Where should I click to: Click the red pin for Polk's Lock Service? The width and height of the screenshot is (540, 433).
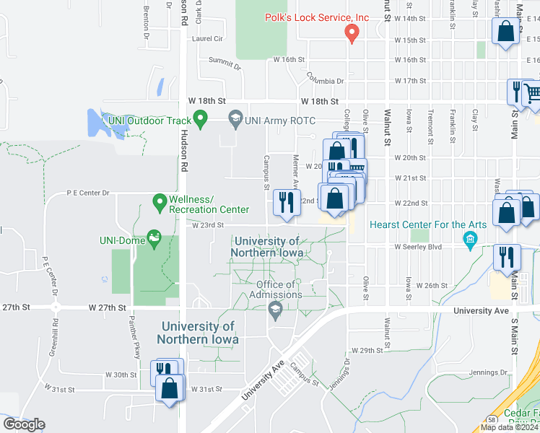pos(352,33)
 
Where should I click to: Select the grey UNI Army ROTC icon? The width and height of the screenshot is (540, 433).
pos(235,118)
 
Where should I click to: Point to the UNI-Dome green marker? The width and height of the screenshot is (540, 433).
pos(153,237)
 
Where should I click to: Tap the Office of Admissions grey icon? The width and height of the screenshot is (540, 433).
pos(275,310)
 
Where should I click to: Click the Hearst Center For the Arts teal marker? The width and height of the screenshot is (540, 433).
pos(470,239)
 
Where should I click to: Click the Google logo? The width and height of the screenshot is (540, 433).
pos(24,424)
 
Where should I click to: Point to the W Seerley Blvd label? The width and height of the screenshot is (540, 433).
pos(419,247)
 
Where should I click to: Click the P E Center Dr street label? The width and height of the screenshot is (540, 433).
pos(87,193)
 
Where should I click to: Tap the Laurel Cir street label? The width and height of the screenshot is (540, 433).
pos(207,39)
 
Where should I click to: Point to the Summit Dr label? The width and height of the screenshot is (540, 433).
pos(225,66)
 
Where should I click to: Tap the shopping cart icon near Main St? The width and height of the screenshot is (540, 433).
pos(531,92)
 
